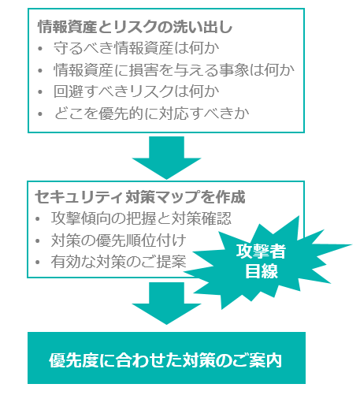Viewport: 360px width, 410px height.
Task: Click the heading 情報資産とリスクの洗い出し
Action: [x=135, y=27]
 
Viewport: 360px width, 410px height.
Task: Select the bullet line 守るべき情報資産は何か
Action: [x=136, y=48]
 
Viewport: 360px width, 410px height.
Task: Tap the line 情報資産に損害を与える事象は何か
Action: [x=174, y=70]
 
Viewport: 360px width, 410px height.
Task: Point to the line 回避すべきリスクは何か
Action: [x=136, y=91]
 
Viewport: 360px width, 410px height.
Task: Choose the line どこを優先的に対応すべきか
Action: [x=151, y=114]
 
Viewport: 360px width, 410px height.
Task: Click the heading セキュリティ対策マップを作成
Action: [x=140, y=197]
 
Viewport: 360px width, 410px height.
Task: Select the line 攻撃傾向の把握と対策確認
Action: [x=141, y=218]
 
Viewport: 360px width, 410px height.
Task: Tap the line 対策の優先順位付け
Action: [x=118, y=240]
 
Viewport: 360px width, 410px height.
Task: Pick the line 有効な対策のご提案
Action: [x=118, y=262]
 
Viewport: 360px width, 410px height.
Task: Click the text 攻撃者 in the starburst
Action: [x=261, y=252]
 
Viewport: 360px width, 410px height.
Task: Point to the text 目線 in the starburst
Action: [x=262, y=270]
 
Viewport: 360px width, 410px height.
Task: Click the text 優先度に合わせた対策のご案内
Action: [x=165, y=360]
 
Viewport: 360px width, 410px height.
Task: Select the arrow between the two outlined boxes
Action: [x=166, y=158]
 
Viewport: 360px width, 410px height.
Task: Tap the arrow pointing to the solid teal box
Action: [x=166, y=303]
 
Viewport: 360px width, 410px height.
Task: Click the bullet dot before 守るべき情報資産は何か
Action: [x=40, y=49]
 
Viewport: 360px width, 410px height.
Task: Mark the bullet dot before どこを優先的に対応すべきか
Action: [x=40, y=114]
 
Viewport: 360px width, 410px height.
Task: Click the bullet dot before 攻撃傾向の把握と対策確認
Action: [x=38, y=219]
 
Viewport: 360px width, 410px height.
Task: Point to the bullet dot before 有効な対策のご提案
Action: [x=38, y=263]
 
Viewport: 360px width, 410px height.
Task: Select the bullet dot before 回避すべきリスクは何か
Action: [x=40, y=92]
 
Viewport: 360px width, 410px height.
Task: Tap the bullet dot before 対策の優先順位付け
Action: [x=38, y=240]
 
